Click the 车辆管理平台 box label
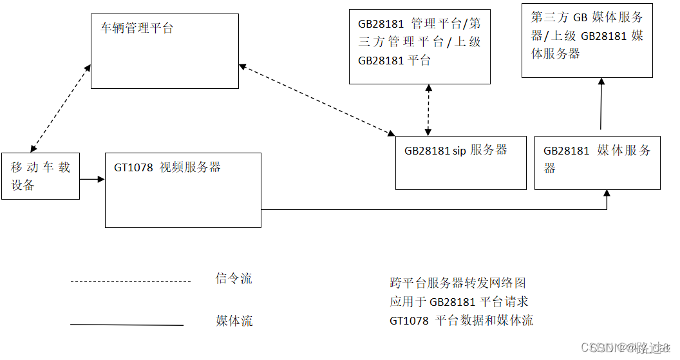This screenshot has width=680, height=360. [x=137, y=28]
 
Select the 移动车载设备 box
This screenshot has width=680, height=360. [x=41, y=176]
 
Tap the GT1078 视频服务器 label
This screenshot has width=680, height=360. [x=167, y=167]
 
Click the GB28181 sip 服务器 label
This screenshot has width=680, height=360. [x=455, y=150]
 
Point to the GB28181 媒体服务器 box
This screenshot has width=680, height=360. [x=597, y=162]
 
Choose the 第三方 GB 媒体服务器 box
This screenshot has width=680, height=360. [x=587, y=40]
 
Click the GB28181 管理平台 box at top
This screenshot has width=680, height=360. [x=419, y=46]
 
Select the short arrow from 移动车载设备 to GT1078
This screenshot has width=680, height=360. [x=92, y=180]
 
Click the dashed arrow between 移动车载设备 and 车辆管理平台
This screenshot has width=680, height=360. [x=60, y=108]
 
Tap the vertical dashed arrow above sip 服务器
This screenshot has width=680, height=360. [x=428, y=110]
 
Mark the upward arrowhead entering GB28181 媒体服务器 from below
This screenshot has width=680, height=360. [x=607, y=194]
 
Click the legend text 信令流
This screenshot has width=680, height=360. [x=234, y=279]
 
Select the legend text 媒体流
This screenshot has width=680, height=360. [x=234, y=321]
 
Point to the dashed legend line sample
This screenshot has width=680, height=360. [x=131, y=281]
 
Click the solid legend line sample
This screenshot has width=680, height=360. [x=126, y=325]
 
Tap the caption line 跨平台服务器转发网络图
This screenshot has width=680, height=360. [x=458, y=283]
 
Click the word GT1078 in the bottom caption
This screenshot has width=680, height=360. [x=409, y=321]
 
